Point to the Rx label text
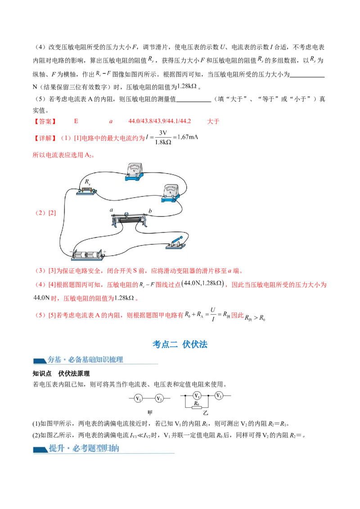point(87,181)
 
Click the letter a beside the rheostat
point(111,210)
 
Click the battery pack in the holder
point(88,254)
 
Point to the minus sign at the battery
point(71,251)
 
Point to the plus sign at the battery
point(104,251)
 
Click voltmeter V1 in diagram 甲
point(139,398)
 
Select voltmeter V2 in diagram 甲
point(159,398)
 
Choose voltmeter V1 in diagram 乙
point(196,396)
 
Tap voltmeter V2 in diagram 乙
point(219,396)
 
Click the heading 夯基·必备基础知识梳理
point(85,360)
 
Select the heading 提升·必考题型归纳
point(84,448)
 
